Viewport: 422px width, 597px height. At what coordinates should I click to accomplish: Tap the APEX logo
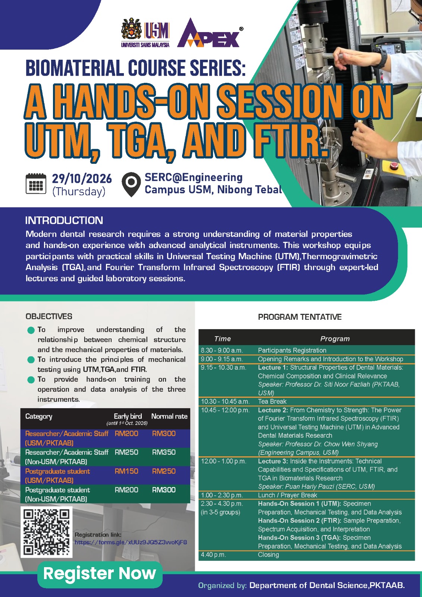point(210,33)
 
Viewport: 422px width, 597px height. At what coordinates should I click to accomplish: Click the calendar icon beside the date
point(36,184)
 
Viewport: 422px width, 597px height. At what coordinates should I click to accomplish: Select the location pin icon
point(131,184)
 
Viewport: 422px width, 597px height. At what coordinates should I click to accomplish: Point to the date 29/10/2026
point(82,179)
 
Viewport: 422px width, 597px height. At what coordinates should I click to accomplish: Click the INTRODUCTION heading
point(64,221)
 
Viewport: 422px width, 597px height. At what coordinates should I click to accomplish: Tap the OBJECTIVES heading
point(49,316)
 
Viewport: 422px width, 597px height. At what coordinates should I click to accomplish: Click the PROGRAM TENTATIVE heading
point(300,317)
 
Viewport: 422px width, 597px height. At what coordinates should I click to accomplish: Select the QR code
point(46,532)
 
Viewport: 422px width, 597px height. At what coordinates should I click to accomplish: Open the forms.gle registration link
point(131,543)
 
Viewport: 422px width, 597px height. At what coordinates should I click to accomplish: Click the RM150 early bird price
point(126,471)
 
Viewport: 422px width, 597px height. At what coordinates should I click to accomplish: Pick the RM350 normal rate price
point(164,452)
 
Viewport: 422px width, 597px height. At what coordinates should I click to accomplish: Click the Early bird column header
point(128,416)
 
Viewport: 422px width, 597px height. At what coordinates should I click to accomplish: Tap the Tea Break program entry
point(272,401)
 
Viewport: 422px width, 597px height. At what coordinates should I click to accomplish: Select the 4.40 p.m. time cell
point(213,554)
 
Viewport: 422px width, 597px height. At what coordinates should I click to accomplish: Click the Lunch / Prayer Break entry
point(287,495)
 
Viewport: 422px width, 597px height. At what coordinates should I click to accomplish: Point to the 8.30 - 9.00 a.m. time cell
point(222,350)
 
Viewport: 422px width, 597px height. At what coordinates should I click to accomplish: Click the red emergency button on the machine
point(394,166)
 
